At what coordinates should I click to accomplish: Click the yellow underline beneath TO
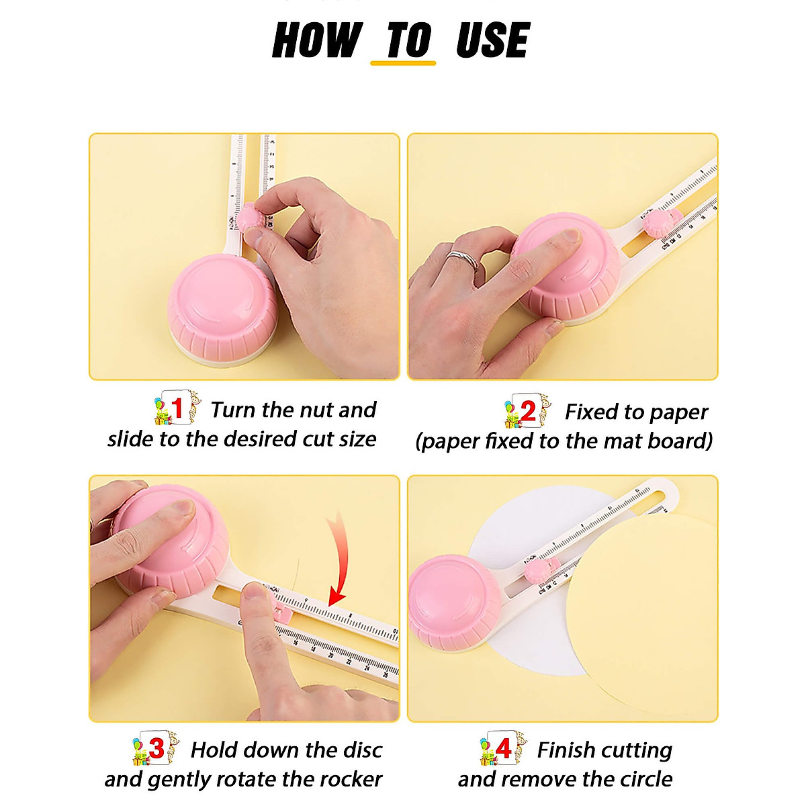tap(403, 63)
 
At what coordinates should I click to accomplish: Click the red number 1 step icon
tap(177, 408)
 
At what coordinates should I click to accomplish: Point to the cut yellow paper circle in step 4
tap(645, 618)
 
